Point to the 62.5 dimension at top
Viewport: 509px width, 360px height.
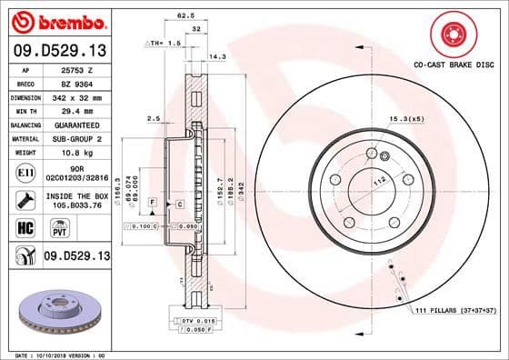pos(185,15)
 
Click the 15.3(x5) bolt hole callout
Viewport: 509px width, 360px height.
pos(407,119)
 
